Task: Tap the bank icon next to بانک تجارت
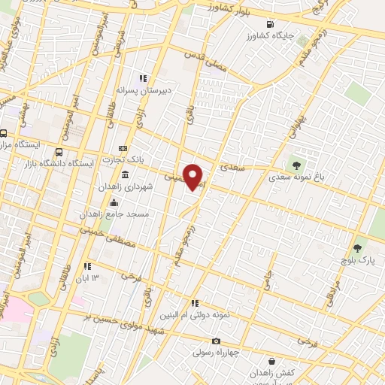[x=123, y=148]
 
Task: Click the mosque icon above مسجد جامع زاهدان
[x=114, y=202]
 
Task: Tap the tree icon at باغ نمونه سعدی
[x=296, y=165]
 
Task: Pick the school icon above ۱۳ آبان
[x=89, y=265]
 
